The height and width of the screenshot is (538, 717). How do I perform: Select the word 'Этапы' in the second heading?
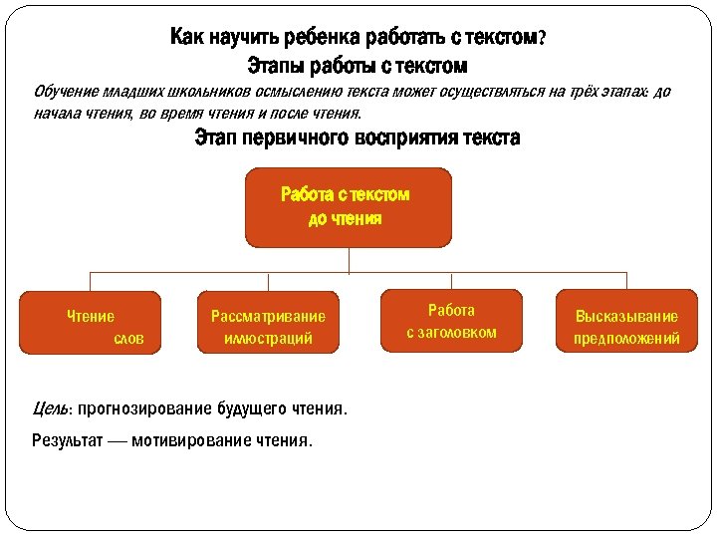click(276, 67)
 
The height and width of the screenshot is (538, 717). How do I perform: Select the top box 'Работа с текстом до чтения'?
click(348, 207)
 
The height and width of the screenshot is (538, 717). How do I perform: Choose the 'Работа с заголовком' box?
click(451, 321)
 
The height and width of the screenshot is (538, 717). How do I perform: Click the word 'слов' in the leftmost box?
click(128, 339)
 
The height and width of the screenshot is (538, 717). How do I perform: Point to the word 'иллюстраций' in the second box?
click(268, 339)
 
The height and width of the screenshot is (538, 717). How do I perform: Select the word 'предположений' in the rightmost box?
click(626, 339)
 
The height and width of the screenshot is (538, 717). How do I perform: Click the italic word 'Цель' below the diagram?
click(50, 408)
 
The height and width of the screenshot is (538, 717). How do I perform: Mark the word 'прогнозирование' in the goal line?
click(141, 408)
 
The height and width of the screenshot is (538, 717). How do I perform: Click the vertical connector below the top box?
click(348, 259)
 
